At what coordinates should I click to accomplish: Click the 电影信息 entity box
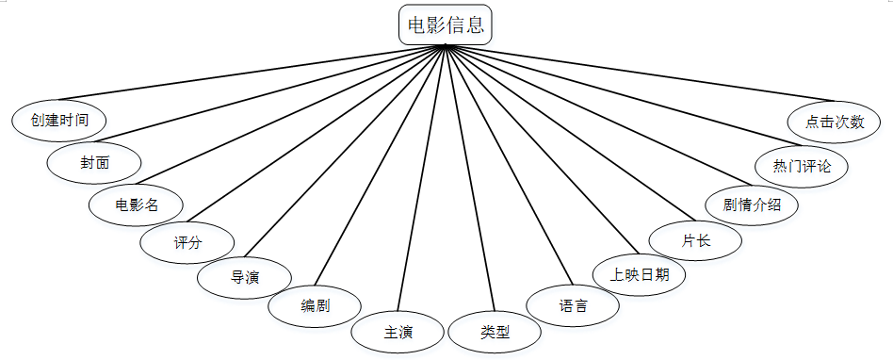[x=446, y=25]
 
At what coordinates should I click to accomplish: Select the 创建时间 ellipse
[x=59, y=121]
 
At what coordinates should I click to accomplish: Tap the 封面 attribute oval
[x=94, y=163]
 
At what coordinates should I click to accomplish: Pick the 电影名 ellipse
[x=136, y=205]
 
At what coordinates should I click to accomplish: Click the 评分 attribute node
[x=187, y=242]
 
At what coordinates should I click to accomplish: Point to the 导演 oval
[x=244, y=278]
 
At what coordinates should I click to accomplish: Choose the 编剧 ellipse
[x=315, y=306]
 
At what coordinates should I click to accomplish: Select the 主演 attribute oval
[x=398, y=332]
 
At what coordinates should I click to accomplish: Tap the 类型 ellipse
[x=495, y=332]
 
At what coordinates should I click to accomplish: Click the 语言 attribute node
[x=573, y=305]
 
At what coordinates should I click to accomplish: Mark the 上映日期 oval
[x=639, y=275]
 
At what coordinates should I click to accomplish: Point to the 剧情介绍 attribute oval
[x=752, y=205]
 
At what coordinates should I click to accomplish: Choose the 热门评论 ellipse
[x=802, y=166]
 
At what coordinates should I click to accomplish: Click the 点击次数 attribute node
[x=835, y=122]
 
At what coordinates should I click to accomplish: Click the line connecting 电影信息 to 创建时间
[x=251, y=73]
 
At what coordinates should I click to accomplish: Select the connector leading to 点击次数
[x=640, y=73]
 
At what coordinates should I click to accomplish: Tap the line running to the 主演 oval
[x=421, y=178]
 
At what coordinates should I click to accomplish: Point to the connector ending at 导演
[x=345, y=151]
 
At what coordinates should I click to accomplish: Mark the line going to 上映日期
[x=543, y=149]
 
